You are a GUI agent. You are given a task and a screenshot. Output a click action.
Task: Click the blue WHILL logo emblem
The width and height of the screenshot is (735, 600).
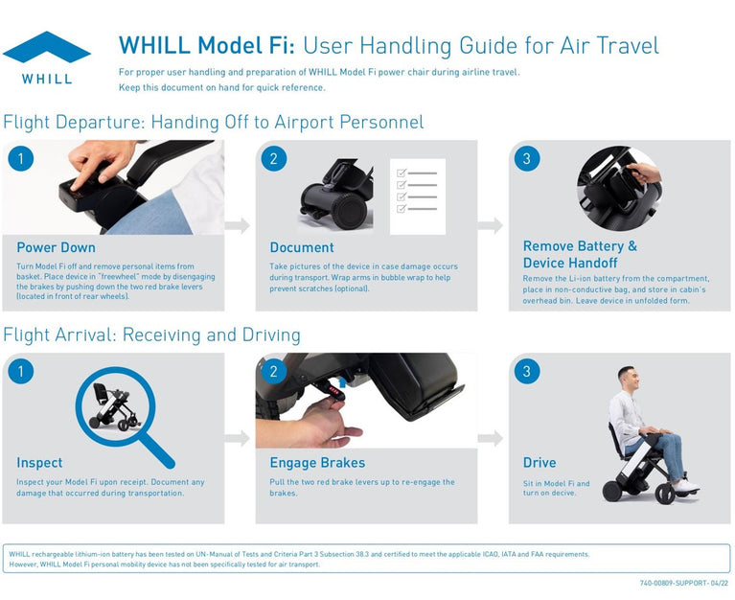46,47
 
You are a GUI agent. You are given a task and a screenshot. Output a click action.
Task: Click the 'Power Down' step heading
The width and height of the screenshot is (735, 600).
56,247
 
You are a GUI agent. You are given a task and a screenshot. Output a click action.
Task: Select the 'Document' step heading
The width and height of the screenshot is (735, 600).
302,247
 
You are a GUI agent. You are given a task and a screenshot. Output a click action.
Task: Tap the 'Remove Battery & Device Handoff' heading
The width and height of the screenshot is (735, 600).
580,254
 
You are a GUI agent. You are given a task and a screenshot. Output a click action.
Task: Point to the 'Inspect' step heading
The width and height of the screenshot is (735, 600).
39,463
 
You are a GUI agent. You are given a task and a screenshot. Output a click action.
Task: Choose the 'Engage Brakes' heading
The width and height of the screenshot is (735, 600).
317,463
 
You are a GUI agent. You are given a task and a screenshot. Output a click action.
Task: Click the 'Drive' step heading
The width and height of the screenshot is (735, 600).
540,463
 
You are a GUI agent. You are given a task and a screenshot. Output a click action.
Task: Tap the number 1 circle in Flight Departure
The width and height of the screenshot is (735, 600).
21,158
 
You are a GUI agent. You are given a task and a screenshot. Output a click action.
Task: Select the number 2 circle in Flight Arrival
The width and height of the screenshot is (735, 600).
274,371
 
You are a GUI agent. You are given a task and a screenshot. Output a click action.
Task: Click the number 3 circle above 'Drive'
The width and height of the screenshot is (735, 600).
527,371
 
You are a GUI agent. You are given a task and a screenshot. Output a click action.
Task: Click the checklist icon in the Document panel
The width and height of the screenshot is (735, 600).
418,196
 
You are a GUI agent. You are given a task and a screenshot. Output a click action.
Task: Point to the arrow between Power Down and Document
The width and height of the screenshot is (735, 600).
238,225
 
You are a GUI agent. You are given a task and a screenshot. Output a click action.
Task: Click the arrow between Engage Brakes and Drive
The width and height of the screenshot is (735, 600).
491,438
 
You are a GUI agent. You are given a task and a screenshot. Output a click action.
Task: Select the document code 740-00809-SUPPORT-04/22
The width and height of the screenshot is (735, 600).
683,583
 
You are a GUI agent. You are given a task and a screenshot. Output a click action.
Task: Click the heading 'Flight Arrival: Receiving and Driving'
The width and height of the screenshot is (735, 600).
151,335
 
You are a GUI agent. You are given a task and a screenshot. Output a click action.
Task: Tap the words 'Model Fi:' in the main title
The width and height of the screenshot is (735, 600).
246,45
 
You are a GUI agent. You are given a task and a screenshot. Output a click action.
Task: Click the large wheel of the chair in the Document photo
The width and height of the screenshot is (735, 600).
349,211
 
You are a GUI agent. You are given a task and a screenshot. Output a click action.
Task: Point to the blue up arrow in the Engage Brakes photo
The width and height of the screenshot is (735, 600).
343,382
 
